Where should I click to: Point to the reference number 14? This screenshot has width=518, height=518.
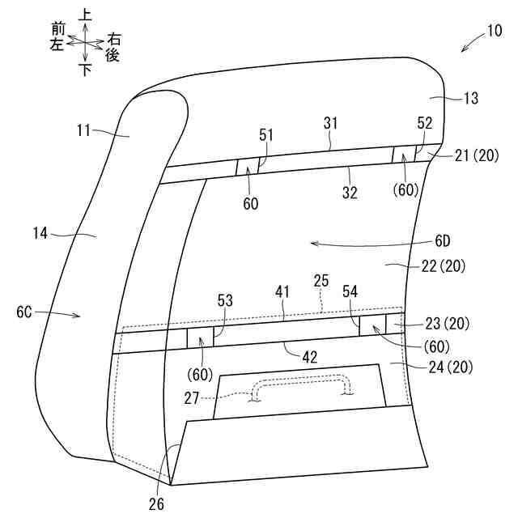pyautogui.click(x=38, y=235)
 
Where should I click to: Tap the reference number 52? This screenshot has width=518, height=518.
pyautogui.click(x=424, y=123)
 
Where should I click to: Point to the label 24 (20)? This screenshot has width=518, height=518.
pyautogui.click(x=448, y=367)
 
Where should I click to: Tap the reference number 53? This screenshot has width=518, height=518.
pyautogui.click(x=223, y=301)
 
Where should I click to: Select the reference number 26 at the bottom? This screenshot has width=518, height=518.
pyautogui.click(x=156, y=503)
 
